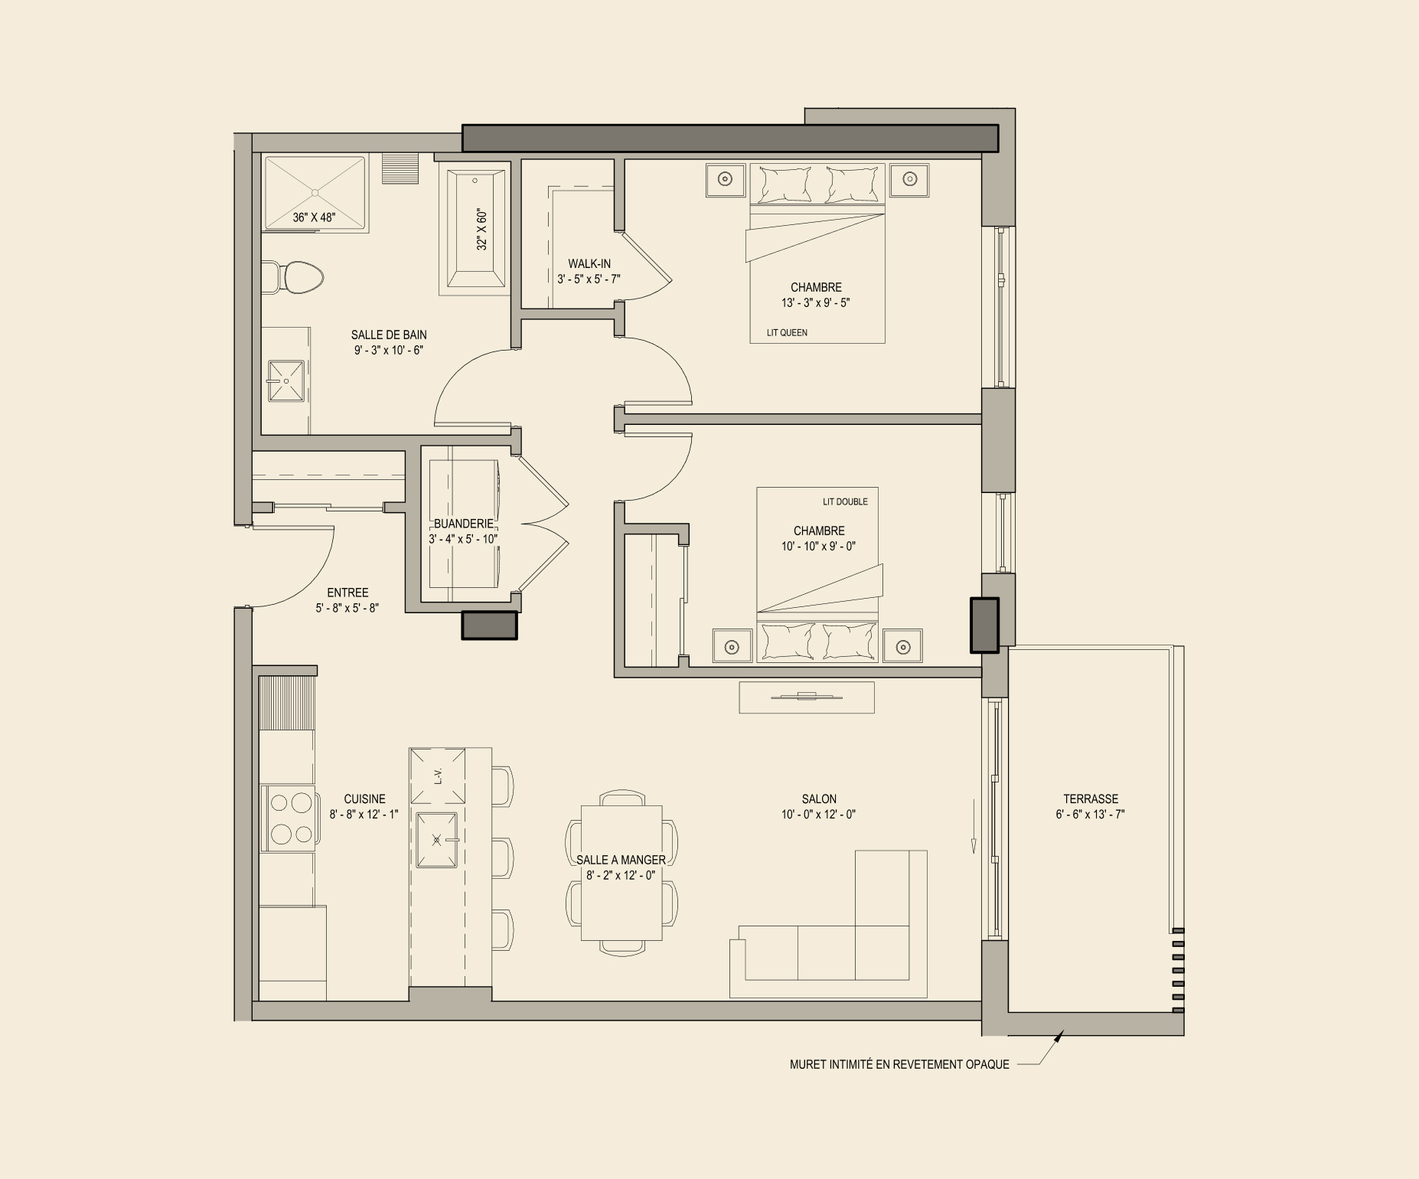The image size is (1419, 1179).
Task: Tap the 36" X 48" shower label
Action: point(314,217)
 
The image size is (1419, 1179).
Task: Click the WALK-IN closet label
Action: point(589,264)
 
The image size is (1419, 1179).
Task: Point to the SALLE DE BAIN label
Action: point(389,335)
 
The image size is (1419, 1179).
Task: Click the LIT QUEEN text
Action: point(787,333)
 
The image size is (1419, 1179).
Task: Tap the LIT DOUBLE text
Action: point(845,502)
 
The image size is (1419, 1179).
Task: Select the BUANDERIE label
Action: point(464,524)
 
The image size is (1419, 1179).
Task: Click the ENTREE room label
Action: point(347,593)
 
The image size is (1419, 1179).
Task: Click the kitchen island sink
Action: point(436,840)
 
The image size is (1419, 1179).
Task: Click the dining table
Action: point(621,873)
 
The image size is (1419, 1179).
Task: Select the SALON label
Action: point(819,799)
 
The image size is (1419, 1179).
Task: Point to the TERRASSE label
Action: point(1091,799)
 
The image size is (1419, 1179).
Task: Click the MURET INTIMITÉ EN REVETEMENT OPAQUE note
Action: point(899,1064)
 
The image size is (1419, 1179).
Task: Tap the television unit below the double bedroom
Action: point(807,697)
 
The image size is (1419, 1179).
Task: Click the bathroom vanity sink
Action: point(286,381)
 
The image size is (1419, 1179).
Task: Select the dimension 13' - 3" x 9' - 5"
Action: point(816,302)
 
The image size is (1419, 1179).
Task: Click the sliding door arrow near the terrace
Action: point(974,827)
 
